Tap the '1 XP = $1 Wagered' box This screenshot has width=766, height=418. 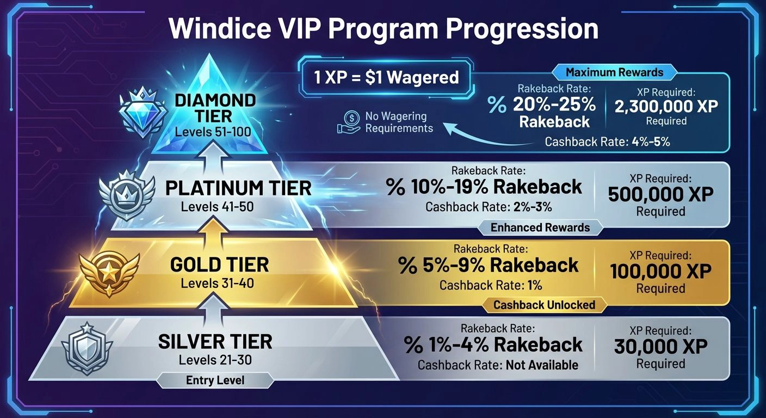click(386, 77)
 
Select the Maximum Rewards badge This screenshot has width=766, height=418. click(614, 72)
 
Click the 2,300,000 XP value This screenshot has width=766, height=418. click(666, 106)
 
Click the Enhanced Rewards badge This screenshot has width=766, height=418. click(540, 228)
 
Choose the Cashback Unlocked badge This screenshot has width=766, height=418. click(544, 305)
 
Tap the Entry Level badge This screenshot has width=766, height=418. click(215, 380)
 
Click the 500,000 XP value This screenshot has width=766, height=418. click(660, 194)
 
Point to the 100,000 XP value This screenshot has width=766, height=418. click(660, 271)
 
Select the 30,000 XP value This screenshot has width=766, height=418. click(660, 346)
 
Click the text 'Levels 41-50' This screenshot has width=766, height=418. click(218, 207)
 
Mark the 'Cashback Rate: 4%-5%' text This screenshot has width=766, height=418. click(607, 142)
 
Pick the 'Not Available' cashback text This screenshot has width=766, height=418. click(542, 365)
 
